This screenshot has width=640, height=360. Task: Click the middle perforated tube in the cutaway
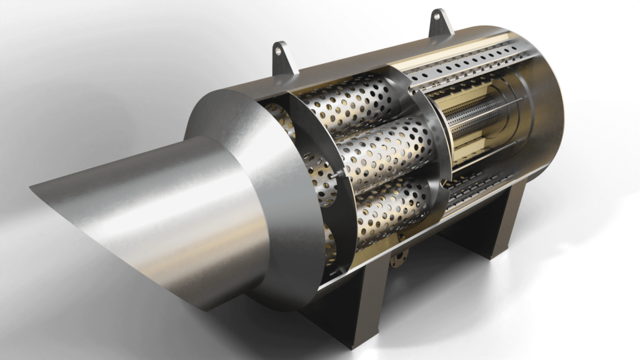pyautogui.click(x=381, y=153)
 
